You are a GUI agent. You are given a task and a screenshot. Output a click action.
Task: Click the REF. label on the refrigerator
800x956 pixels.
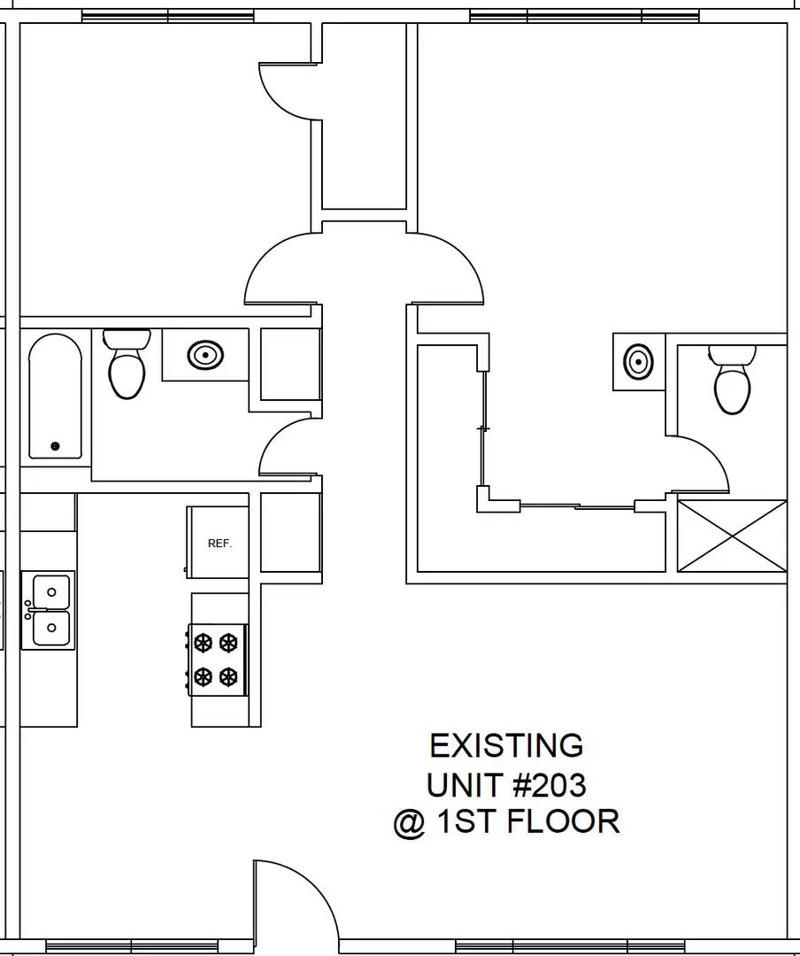(219, 544)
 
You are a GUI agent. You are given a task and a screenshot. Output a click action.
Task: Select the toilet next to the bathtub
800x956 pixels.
(127, 366)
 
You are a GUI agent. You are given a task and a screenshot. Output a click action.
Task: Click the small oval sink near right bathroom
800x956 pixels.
(636, 361)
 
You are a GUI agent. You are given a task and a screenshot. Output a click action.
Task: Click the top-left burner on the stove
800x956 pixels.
(204, 641)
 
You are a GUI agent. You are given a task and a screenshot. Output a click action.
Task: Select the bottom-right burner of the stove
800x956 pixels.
(229, 677)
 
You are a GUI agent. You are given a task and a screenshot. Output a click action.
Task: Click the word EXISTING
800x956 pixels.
(506, 746)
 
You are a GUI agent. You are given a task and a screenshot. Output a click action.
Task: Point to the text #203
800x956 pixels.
(548, 784)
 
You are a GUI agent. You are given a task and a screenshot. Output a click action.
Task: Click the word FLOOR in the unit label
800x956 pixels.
(564, 821)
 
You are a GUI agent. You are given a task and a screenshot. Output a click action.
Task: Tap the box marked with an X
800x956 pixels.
(731, 536)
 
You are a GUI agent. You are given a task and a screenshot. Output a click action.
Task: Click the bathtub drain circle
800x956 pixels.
(55, 446)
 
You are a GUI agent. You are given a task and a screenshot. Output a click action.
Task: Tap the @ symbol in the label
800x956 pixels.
(409, 822)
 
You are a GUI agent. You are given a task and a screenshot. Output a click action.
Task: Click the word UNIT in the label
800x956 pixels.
(463, 784)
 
